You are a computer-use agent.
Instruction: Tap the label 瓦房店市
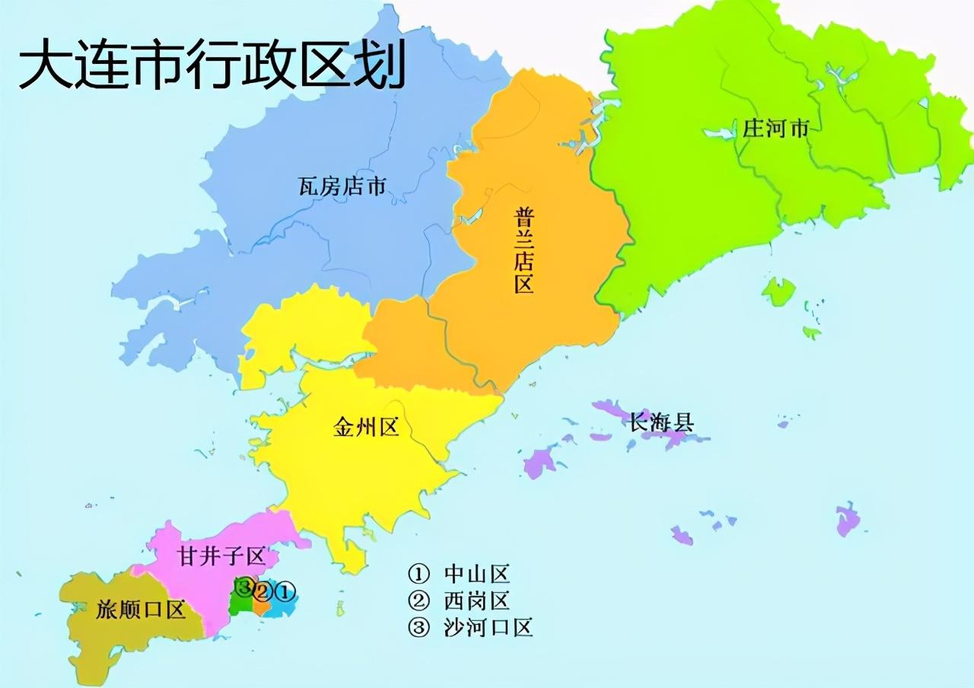[342, 186]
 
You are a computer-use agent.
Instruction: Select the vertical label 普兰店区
[523, 250]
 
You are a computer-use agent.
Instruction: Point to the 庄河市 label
[775, 129]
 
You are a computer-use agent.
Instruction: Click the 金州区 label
[366, 427]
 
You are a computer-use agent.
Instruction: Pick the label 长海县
[661, 422]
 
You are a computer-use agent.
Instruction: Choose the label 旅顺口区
[141, 610]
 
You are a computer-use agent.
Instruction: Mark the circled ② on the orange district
[263, 591]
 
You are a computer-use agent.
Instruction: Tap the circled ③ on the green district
[243, 587]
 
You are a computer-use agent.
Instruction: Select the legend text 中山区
[476, 574]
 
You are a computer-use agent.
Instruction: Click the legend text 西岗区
[476, 600]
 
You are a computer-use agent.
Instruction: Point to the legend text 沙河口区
[488, 627]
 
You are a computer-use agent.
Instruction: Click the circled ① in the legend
[419, 574]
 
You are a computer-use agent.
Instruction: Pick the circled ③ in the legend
[419, 627]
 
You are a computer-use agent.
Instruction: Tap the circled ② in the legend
[419, 600]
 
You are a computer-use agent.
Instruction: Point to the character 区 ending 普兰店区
[523, 284]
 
